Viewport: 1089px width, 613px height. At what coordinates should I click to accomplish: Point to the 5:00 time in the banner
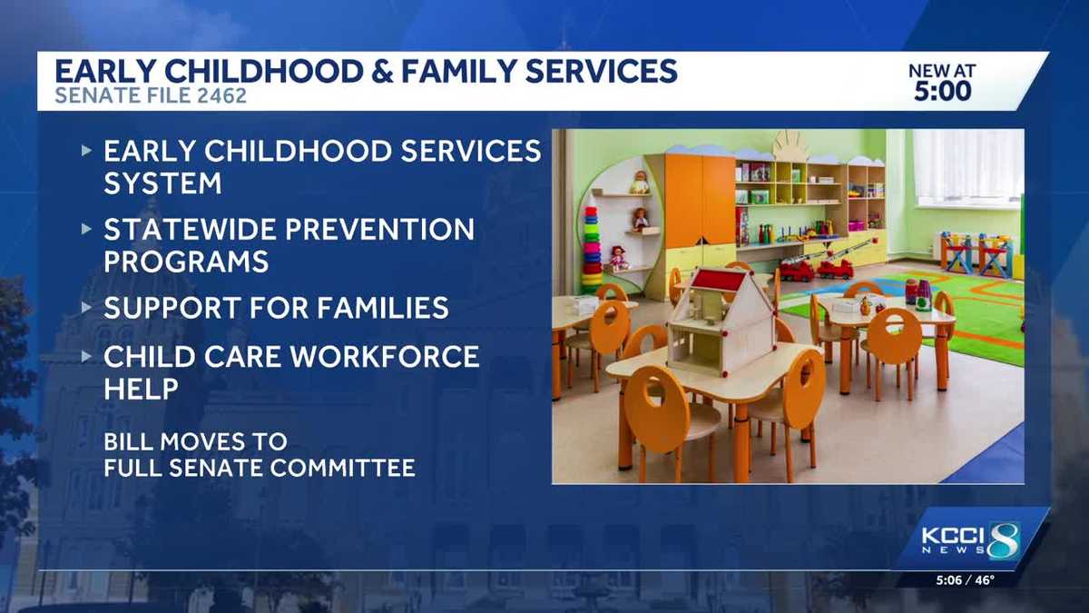point(941,92)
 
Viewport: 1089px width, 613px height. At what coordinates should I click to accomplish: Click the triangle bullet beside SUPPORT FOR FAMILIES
point(87,307)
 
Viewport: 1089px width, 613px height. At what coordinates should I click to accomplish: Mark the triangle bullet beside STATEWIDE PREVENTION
point(87,229)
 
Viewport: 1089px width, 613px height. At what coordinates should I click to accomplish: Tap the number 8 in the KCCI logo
point(1004,540)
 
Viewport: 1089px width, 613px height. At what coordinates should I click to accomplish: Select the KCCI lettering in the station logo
point(952,536)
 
